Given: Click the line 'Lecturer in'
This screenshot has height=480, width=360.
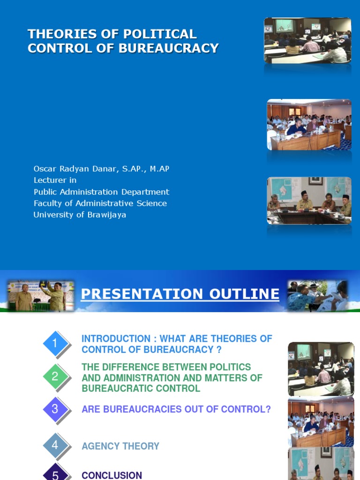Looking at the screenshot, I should click(55, 180).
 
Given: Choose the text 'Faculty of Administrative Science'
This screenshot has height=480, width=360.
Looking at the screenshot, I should click(100, 203).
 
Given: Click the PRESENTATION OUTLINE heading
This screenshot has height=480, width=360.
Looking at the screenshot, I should click(180, 294).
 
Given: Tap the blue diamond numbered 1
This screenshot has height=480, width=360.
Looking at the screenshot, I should click(55, 344).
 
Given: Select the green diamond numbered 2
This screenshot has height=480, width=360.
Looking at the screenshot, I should click(55, 376).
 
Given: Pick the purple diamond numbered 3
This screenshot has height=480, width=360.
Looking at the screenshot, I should click(55, 409).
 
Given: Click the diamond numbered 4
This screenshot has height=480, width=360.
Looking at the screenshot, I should click(55, 445).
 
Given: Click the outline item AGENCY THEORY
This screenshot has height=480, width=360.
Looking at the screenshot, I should click(120, 446).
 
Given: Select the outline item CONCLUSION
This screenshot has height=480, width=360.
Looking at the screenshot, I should click(112, 475).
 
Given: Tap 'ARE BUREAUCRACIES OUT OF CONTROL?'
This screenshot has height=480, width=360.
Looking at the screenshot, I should click(176, 409).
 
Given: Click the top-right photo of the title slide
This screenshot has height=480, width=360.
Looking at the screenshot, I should click(307, 40).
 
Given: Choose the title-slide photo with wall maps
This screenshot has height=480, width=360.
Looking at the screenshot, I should click(309, 200).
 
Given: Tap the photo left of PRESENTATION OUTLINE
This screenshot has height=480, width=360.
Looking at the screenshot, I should click(41, 296).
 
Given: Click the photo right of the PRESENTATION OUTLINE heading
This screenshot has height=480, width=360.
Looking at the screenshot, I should click(318, 296).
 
